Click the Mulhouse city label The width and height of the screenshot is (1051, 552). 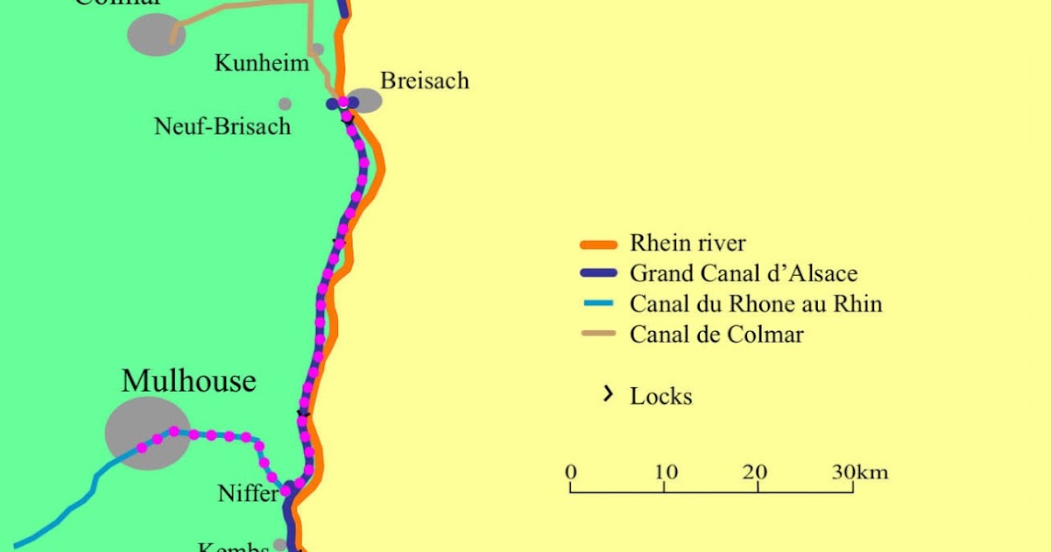tap(188, 381)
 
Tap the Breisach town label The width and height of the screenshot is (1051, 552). tap(425, 81)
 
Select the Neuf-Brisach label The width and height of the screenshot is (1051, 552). tap(222, 126)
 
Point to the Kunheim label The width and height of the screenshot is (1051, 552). tap(262, 63)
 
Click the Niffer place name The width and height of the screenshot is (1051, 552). tap(248, 494)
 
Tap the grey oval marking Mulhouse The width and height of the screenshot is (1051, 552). tap(147, 433)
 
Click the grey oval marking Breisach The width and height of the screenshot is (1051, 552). tap(365, 100)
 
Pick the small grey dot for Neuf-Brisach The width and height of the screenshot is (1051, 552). tap(285, 103)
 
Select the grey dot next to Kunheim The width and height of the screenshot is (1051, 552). tap(317, 49)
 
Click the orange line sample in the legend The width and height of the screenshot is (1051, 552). tap(599, 244)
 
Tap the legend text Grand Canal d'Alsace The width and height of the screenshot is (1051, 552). tap(744, 273)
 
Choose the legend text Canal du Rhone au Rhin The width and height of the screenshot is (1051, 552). tap(756, 304)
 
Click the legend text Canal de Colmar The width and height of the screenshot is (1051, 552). tap(716, 334)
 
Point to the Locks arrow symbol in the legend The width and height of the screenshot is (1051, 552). tap(606, 394)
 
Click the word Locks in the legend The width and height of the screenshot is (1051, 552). tap(661, 396)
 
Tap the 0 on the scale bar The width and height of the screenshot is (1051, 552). tap(571, 472)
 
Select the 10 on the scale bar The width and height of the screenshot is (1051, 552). tap(665, 472)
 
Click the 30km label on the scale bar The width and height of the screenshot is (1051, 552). tap(860, 472)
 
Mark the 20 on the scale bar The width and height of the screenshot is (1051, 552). tap(755, 472)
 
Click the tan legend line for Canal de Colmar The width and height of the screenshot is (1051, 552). tap(599, 334)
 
